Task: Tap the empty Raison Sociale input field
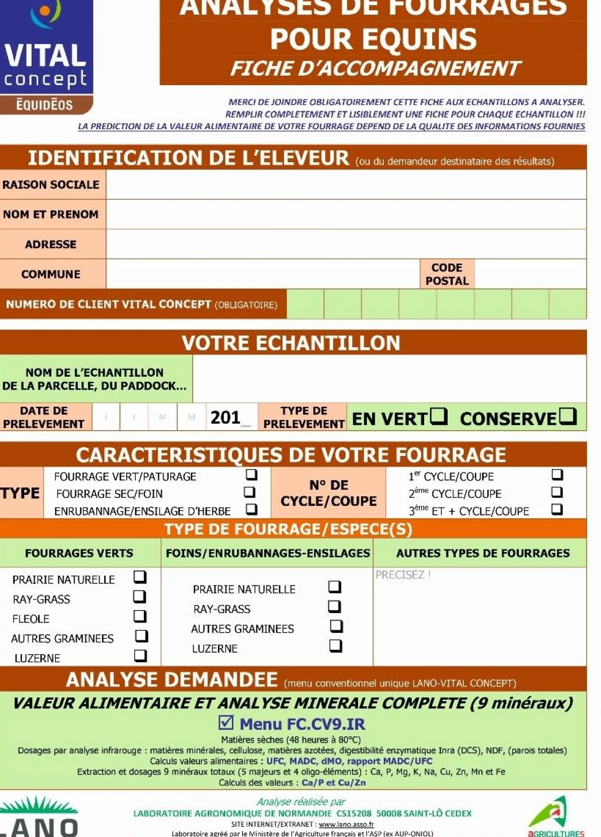346,184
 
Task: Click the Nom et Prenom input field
346,214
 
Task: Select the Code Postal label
447,274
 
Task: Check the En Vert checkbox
439,416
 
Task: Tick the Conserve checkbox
567,416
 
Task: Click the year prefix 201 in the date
225,417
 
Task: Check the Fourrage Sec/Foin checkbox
249,492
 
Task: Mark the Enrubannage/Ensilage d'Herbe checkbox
251,509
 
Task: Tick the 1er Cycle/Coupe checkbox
557,474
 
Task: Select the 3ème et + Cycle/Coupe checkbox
557,509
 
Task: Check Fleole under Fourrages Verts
140,616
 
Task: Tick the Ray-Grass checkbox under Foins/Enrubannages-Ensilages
334,607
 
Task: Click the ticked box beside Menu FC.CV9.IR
226,722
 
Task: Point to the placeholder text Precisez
403,575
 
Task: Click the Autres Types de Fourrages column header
482,553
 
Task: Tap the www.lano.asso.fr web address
346,824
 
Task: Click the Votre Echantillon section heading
291,343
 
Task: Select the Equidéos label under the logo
45,105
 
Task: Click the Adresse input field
346,244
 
